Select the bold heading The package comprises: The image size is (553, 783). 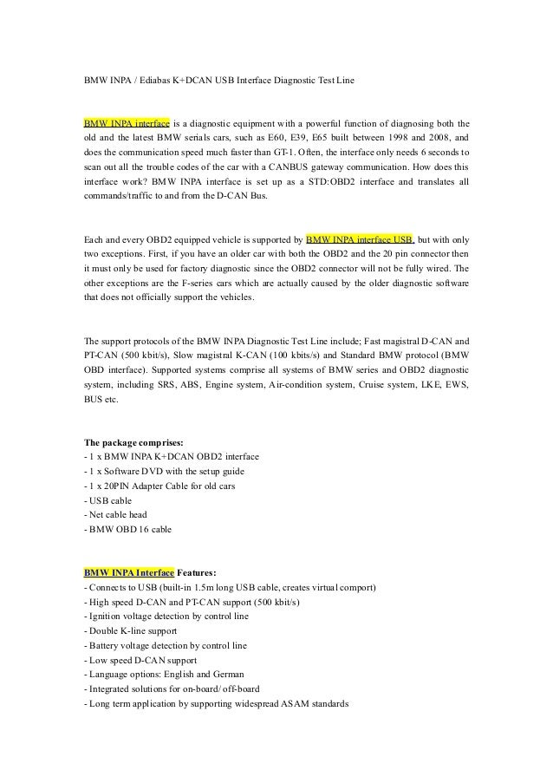tap(133, 441)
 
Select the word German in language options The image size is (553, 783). tap(226, 674)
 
